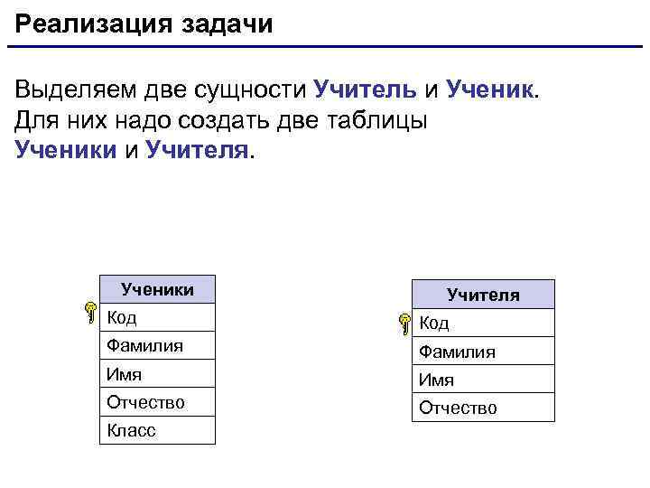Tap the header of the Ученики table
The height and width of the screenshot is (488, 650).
click(x=158, y=289)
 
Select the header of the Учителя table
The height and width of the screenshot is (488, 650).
click(x=483, y=295)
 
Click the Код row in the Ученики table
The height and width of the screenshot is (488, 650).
click(x=158, y=317)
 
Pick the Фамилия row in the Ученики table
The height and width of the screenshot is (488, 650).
click(x=158, y=345)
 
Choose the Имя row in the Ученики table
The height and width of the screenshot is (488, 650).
click(x=158, y=373)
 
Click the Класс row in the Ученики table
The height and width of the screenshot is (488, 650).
click(x=158, y=430)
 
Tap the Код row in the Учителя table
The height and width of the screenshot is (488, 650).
click(x=483, y=323)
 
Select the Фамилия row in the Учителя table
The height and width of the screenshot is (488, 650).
click(x=483, y=352)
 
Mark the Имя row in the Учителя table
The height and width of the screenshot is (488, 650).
click(x=483, y=380)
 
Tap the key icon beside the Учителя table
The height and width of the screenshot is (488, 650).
click(x=403, y=321)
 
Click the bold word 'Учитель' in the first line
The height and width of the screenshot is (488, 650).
click(x=365, y=89)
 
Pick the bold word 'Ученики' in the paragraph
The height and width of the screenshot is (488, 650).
click(x=66, y=149)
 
